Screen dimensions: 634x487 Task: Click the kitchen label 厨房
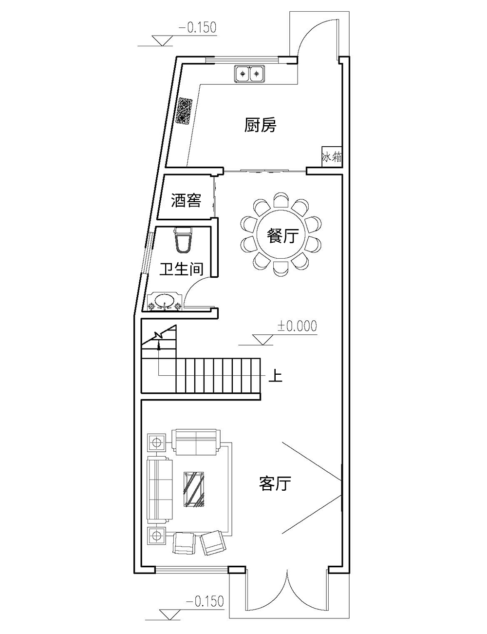tap(260, 125)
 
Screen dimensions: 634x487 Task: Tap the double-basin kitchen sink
tap(249, 74)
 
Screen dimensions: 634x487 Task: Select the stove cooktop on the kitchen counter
tap(185, 111)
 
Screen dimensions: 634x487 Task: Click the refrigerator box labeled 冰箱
tap(331, 157)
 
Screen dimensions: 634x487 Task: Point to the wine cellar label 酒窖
tap(186, 200)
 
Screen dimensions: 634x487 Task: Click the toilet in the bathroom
tap(184, 240)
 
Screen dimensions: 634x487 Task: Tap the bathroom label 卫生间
tap(181, 269)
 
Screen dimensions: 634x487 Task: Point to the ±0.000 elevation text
tap(297, 326)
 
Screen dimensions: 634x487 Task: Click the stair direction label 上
tap(275, 376)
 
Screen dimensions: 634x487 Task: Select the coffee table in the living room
tap(194, 489)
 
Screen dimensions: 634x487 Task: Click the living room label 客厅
tap(275, 483)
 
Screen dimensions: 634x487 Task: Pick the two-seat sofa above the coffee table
tap(196, 442)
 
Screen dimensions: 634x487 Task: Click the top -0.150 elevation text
tap(197, 28)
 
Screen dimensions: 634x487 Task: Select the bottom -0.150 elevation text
tap(205, 601)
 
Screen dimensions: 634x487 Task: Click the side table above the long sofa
tap(157, 443)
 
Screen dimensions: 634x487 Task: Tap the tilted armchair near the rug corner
tap(213, 542)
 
